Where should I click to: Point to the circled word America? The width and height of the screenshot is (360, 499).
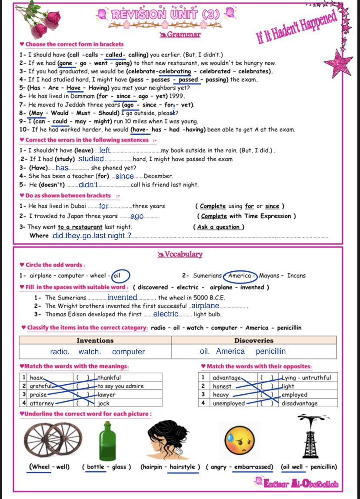coord(240,276)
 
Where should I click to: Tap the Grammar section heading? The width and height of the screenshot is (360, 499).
coord(183,35)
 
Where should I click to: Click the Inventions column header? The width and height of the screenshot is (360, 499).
coord(95,340)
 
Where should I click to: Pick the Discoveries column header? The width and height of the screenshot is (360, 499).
coord(254,340)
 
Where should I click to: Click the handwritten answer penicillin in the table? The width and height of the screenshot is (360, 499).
coord(270,352)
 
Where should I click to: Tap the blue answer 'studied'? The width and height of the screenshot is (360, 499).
coord(91,159)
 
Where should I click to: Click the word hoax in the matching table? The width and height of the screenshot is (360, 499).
coord(37,378)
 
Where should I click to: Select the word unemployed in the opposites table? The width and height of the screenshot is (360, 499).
coord(229,403)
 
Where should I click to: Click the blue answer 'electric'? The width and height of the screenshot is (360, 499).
coord(166,314)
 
